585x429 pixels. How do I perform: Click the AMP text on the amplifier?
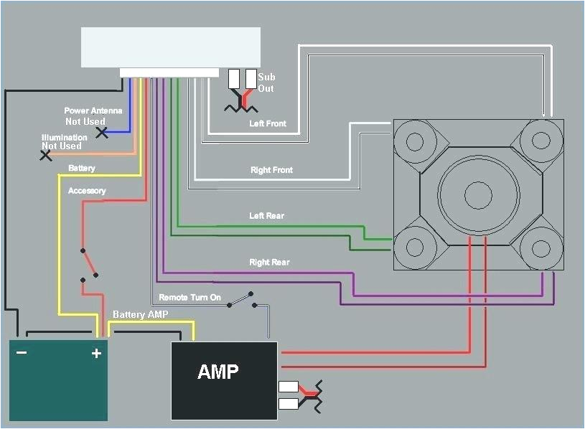click(x=218, y=372)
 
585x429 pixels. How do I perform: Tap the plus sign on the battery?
click(x=95, y=353)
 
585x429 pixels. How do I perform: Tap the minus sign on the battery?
click(x=22, y=352)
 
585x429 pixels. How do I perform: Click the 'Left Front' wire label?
click(x=268, y=123)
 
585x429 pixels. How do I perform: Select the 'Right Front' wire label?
click(x=271, y=170)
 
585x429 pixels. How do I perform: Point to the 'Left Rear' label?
click(x=267, y=216)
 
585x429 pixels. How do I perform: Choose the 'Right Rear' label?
click(x=269, y=263)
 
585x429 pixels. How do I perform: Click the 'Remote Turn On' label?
click(x=189, y=297)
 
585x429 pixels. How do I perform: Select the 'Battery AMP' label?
click(x=140, y=315)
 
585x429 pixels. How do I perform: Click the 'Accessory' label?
click(x=87, y=191)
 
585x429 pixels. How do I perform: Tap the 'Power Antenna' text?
click(x=93, y=110)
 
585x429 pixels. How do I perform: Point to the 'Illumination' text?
click(x=65, y=138)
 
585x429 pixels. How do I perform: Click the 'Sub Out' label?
click(x=266, y=82)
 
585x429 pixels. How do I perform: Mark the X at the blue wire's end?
click(x=103, y=133)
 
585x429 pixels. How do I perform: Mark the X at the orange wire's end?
click(x=46, y=155)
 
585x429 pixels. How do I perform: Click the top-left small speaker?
click(x=415, y=141)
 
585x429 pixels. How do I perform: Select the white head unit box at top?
click(x=170, y=47)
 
